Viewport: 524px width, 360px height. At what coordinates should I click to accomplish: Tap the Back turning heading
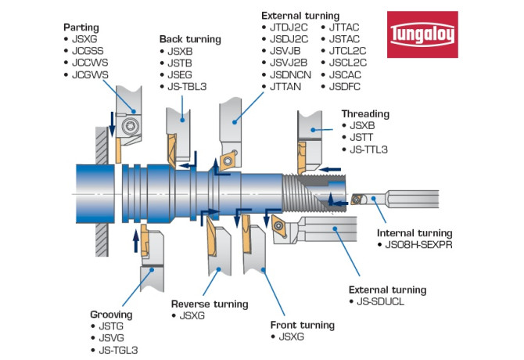pyautogui.click(x=190, y=38)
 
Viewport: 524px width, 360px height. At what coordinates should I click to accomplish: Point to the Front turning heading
pyautogui.click(x=302, y=324)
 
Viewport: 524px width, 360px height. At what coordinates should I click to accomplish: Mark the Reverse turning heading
pyautogui.click(x=209, y=304)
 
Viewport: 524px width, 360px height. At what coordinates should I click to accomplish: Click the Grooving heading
pyautogui.click(x=111, y=315)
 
